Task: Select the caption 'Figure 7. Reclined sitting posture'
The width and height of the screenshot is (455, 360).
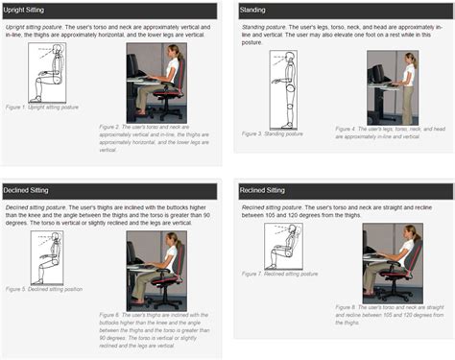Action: coord(288,274)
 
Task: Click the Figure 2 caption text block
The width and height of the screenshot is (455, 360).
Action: coord(150,139)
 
